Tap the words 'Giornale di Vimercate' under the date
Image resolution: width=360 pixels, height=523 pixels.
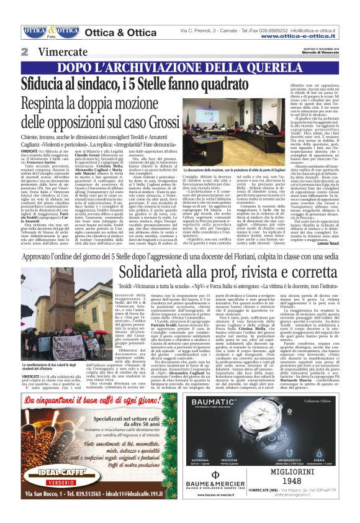337,55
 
